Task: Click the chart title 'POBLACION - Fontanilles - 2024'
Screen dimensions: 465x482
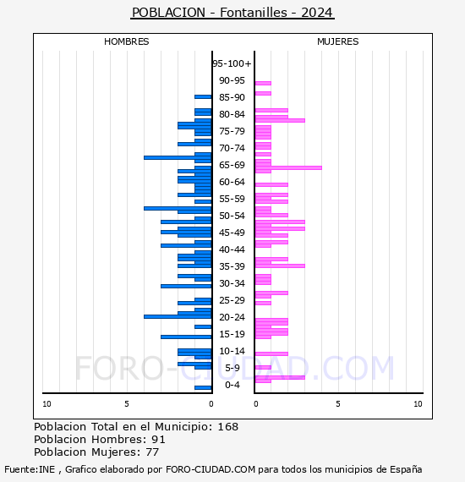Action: click(x=232, y=13)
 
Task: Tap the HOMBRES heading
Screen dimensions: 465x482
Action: click(x=126, y=41)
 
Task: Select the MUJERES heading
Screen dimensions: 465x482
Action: click(x=338, y=41)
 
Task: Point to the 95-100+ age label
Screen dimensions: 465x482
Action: click(x=232, y=63)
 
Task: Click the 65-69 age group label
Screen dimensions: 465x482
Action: click(x=232, y=165)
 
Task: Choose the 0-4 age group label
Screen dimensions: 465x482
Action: click(x=232, y=385)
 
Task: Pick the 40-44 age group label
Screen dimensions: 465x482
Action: click(x=232, y=249)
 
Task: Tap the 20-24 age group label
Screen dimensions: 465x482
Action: click(x=232, y=317)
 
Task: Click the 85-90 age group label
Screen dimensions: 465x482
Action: click(x=232, y=97)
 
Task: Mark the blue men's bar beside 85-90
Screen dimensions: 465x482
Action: click(x=203, y=97)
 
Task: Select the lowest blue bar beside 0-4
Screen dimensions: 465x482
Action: click(x=203, y=387)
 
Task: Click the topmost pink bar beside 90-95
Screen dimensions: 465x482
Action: click(x=263, y=84)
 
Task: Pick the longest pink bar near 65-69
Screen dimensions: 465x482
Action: click(x=288, y=167)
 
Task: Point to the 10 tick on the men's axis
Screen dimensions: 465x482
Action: click(x=46, y=404)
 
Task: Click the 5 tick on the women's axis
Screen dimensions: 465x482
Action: click(x=338, y=404)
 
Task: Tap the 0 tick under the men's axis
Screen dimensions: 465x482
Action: click(x=211, y=404)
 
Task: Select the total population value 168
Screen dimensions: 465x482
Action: click(x=227, y=427)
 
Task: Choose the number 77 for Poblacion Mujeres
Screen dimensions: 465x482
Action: click(x=152, y=452)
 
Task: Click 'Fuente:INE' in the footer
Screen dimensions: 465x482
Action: click(x=30, y=469)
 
